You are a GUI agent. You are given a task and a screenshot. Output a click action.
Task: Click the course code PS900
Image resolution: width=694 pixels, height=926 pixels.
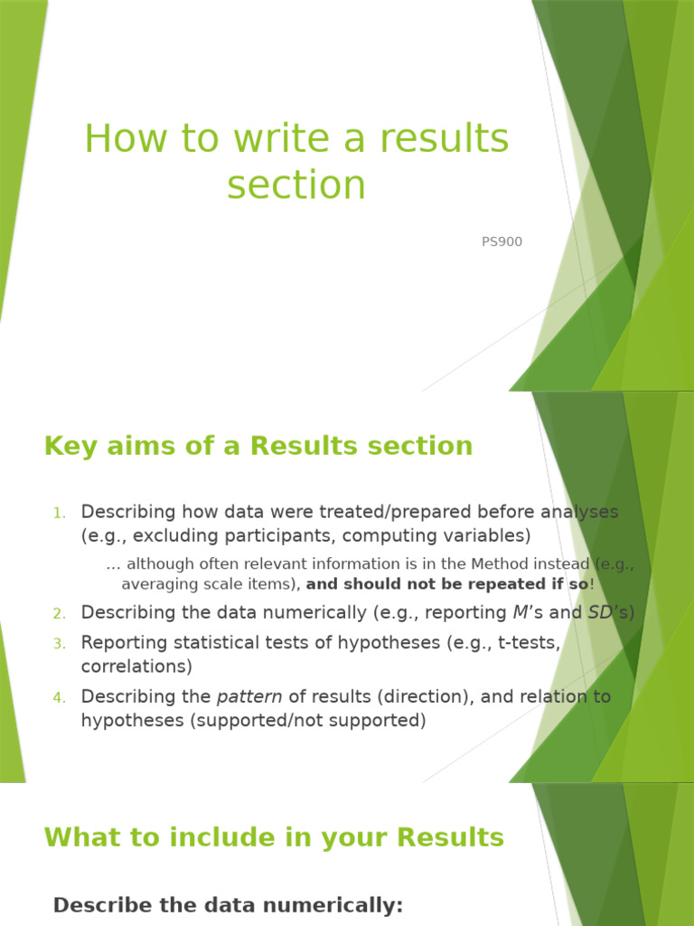[502, 242]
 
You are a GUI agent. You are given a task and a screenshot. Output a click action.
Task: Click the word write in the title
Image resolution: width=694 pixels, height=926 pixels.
[276, 139]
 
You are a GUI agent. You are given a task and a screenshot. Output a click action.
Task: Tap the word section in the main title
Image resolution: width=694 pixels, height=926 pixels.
[296, 185]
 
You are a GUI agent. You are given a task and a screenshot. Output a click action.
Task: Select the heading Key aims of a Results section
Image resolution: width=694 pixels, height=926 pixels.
[258, 446]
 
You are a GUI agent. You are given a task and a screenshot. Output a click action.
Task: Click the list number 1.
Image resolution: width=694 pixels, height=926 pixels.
[59, 514]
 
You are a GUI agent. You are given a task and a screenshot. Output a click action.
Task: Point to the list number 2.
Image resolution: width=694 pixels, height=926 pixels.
[59, 614]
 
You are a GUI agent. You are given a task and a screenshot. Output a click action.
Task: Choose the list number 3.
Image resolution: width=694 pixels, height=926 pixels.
[59, 644]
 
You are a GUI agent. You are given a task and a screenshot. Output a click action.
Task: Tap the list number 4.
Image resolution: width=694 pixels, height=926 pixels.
[59, 698]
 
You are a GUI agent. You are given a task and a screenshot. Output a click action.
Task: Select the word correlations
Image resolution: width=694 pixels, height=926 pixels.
[136, 666]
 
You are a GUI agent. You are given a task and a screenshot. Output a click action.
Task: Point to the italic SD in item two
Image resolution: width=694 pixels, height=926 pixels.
[599, 613]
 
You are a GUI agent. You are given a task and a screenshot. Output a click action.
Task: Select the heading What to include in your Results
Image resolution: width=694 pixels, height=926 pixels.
[274, 837]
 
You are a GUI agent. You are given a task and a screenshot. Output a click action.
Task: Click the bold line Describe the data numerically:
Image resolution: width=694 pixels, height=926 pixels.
[228, 905]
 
